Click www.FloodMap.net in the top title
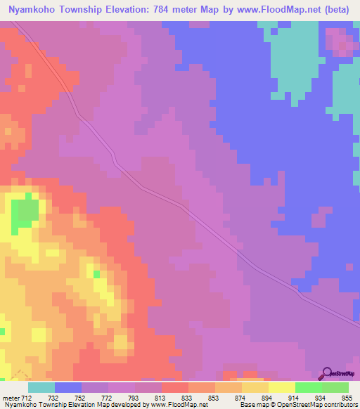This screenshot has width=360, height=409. point(271,11)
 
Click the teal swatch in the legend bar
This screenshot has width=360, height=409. point(41,387)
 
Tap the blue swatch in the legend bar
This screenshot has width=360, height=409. point(68,387)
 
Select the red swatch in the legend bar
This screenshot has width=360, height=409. point(174,387)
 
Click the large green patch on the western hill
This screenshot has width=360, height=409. point(26,212)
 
